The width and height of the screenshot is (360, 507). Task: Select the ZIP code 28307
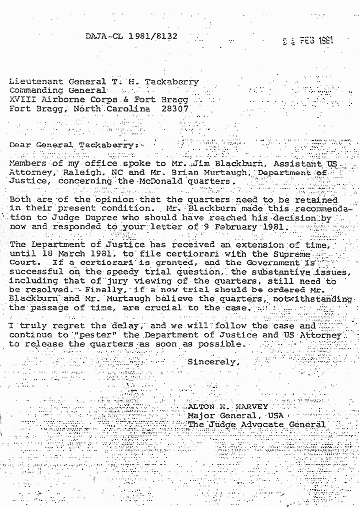tap(175, 109)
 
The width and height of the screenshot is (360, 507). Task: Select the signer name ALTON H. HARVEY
tap(228, 407)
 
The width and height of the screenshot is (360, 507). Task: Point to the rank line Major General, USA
tap(235, 416)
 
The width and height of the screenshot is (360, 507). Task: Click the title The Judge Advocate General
tap(256, 425)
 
